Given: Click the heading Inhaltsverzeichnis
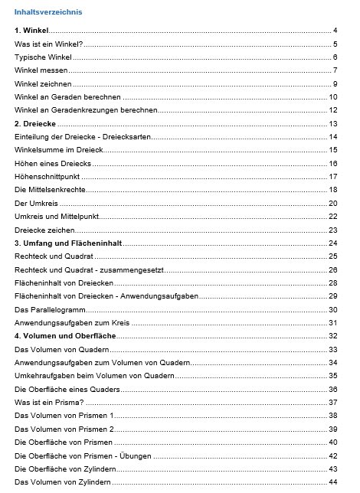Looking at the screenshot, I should [47, 12].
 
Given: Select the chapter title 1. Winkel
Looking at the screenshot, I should [31, 31].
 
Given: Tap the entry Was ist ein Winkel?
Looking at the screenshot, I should [48, 44].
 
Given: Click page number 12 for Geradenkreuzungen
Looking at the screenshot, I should [333, 110].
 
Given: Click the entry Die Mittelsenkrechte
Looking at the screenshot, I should [50, 189].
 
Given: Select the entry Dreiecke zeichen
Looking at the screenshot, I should [46, 230].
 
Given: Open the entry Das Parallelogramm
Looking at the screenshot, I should [51, 309].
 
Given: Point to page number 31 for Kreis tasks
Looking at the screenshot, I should [333, 323].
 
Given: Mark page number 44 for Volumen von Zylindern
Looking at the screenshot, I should [333, 482].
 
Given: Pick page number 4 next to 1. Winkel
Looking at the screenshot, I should [335, 31].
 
